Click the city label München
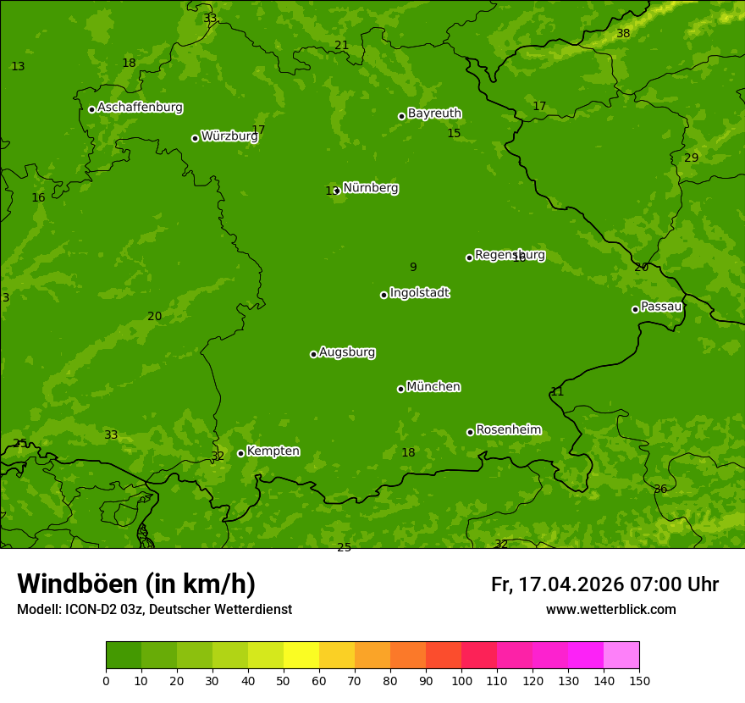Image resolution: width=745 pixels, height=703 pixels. (433, 387)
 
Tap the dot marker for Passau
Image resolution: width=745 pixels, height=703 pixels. (635, 309)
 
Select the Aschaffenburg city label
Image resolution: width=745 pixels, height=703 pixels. (140, 108)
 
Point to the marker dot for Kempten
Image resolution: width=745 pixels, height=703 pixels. (240, 453)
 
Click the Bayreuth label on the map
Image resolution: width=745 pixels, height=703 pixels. (434, 113)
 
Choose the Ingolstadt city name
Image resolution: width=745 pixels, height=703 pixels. (419, 293)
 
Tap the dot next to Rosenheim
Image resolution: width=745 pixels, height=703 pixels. (470, 432)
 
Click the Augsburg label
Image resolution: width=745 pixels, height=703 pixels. (347, 352)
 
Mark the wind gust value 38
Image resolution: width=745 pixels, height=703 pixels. (623, 34)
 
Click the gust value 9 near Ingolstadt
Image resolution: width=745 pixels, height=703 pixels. (413, 268)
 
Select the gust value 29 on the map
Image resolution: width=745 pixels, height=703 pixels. (692, 158)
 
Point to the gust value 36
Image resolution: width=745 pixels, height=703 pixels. (660, 490)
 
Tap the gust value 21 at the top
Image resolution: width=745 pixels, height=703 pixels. (341, 46)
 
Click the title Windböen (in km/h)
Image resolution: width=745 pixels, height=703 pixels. (136, 584)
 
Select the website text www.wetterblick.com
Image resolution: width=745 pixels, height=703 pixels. (610, 610)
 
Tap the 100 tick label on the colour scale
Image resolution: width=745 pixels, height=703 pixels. (461, 681)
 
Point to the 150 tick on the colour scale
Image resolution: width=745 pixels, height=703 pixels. (639, 681)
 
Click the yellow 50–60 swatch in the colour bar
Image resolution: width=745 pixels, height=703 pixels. (301, 656)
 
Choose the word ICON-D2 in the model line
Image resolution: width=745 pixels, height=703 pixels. (91, 610)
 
